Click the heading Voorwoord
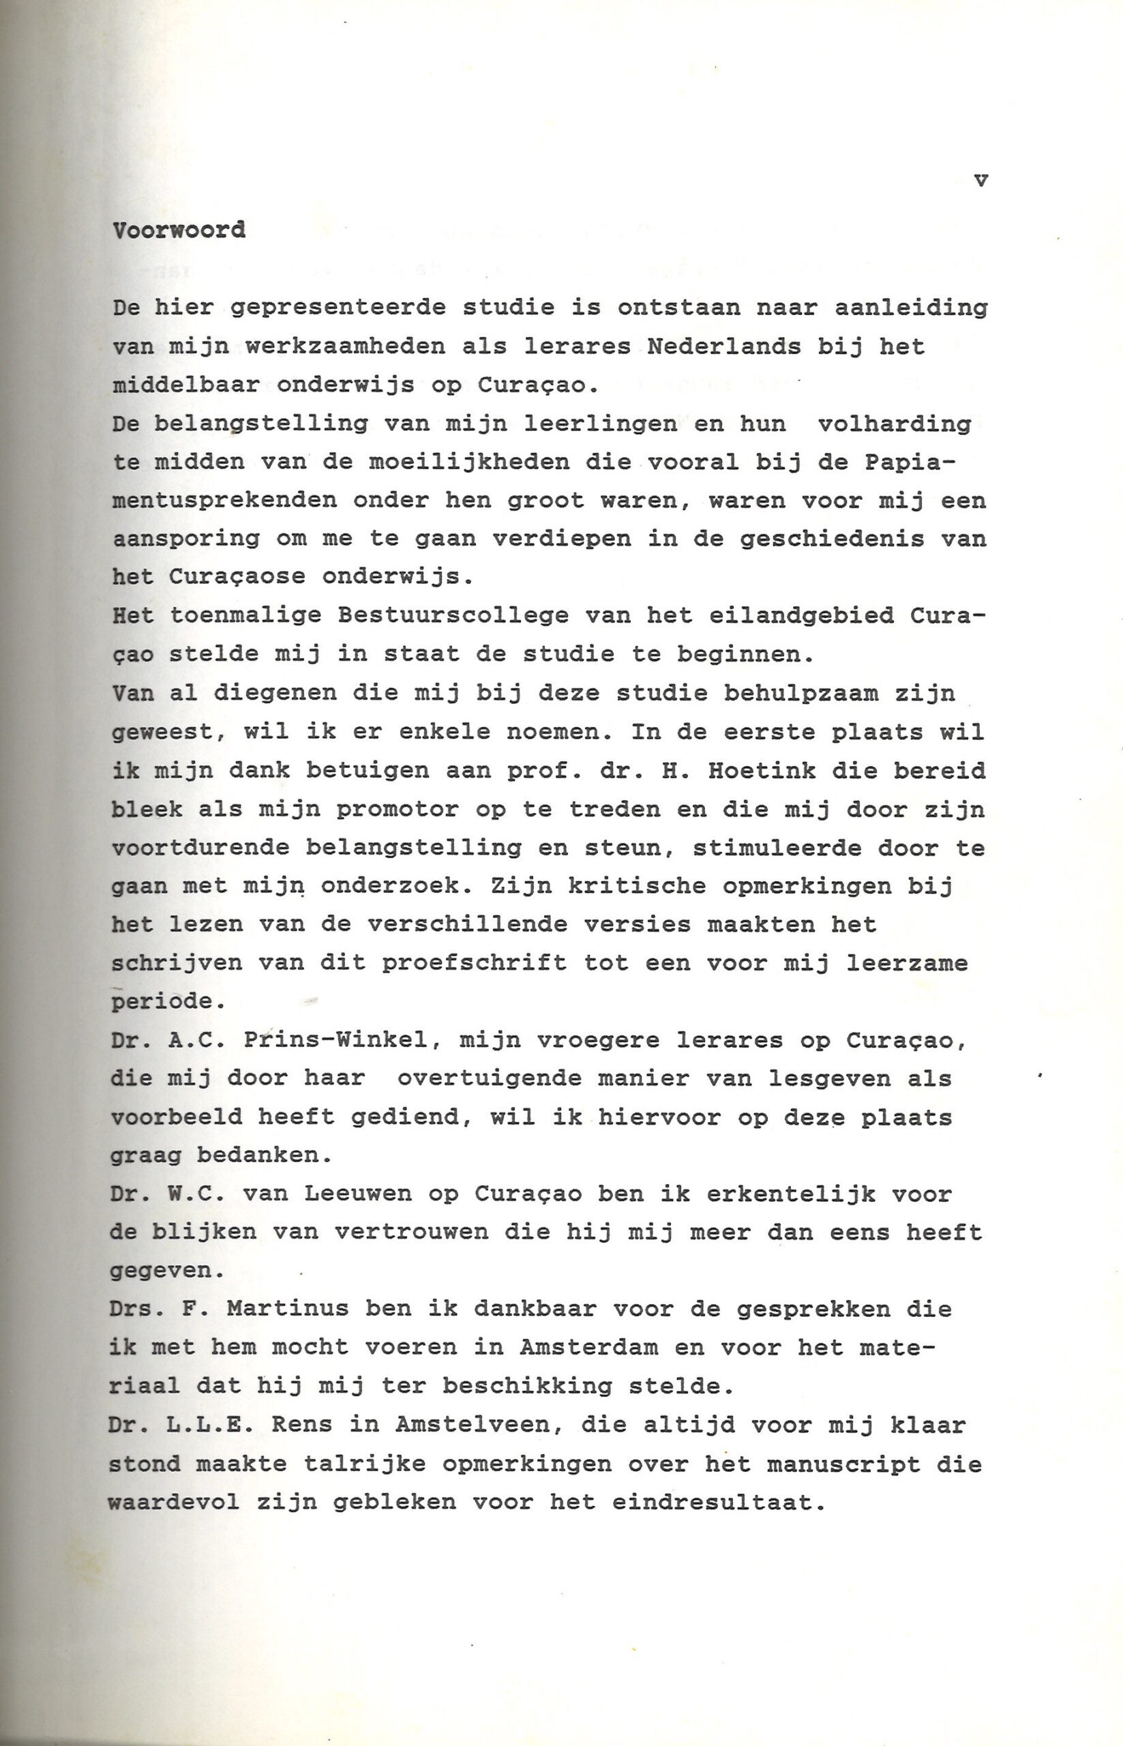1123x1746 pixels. [x=179, y=231]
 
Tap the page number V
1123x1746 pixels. [x=980, y=181]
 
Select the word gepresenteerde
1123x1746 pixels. [x=338, y=308]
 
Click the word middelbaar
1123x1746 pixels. [x=186, y=385]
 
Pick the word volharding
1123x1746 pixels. [x=894, y=424]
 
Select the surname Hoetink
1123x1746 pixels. [x=762, y=770]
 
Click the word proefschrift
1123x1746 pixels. [x=474, y=963]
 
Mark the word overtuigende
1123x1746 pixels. [x=490, y=1078]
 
